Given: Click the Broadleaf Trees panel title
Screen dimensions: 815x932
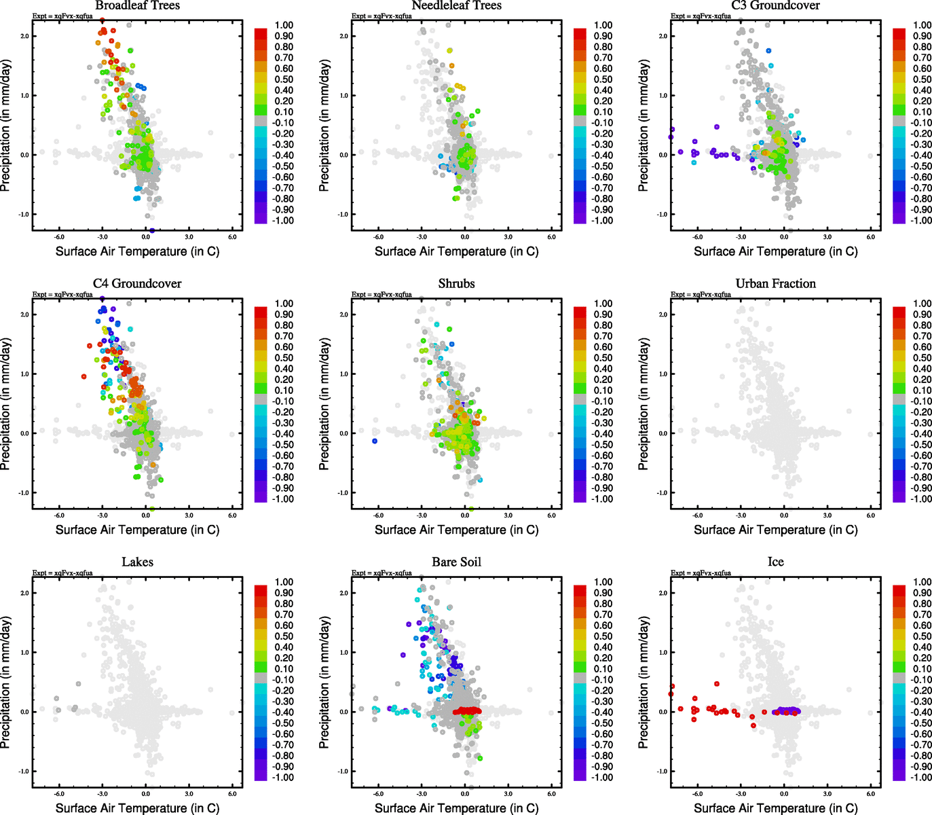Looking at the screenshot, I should coord(137,5).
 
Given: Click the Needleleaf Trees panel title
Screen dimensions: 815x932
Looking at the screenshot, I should coord(456,5).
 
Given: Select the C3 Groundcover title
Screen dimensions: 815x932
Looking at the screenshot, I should coord(775,5).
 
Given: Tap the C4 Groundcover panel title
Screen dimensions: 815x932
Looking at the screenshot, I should coord(137,284).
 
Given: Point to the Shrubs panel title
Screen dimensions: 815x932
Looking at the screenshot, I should coord(456,284).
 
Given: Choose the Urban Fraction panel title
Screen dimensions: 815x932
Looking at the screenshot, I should coord(775,284).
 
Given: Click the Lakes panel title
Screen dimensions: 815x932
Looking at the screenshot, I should coord(137,562).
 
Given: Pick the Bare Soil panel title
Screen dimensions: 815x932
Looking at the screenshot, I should coord(456,562).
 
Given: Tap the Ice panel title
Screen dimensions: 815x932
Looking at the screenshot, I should coord(775,562).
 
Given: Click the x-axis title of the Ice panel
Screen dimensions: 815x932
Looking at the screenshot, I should coord(775,808).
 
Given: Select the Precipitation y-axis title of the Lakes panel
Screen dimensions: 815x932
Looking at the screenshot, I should coord(6,682).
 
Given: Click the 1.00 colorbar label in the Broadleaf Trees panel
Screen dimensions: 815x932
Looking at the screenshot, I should coord(284,25).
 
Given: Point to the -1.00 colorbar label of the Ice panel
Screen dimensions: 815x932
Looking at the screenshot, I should coord(921,778).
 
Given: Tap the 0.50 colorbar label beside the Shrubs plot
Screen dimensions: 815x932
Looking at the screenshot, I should coord(603,358).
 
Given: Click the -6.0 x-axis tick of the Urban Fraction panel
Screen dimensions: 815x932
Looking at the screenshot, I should coord(698,515).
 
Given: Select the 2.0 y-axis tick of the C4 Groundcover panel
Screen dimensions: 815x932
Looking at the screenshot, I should coord(24,314).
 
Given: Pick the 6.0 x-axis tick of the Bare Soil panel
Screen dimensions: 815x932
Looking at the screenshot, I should coord(551,794).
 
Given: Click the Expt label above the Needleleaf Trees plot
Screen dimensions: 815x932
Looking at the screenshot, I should coord(381,16).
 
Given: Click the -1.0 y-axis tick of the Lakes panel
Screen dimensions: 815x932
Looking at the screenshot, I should coord(24,772).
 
